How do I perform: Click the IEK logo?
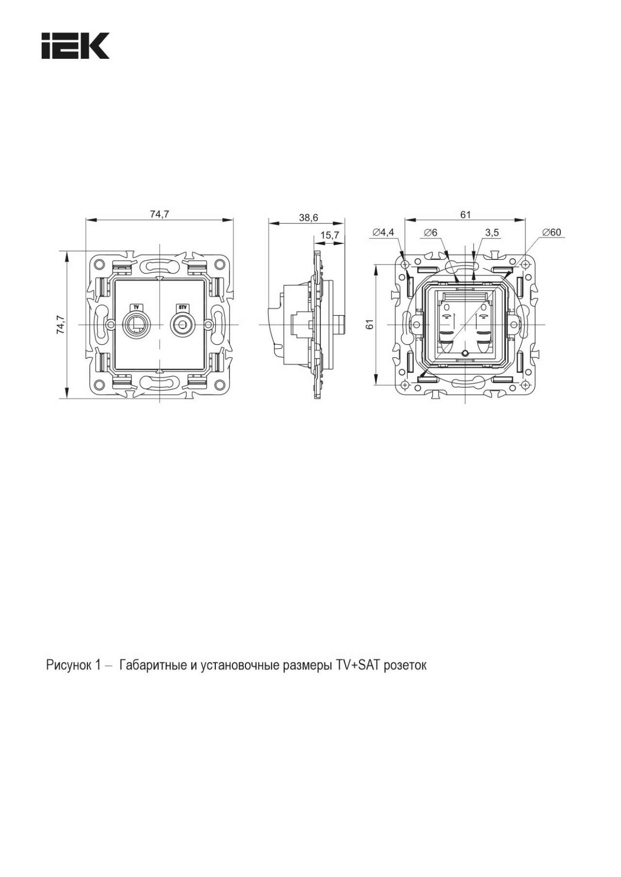click(75, 46)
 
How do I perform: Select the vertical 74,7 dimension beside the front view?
click(61, 324)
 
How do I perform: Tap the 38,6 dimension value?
click(309, 218)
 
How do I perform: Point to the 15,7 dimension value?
click(329, 235)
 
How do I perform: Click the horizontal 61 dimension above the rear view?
click(466, 214)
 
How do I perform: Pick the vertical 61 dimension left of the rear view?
click(370, 324)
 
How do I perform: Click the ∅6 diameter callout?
click(430, 232)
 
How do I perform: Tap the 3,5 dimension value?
click(491, 232)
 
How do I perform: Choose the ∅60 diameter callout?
click(552, 232)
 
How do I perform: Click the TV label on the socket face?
click(136, 307)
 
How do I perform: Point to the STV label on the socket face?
click(182, 307)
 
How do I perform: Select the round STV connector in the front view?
click(182, 324)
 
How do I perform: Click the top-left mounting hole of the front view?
click(99, 264)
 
